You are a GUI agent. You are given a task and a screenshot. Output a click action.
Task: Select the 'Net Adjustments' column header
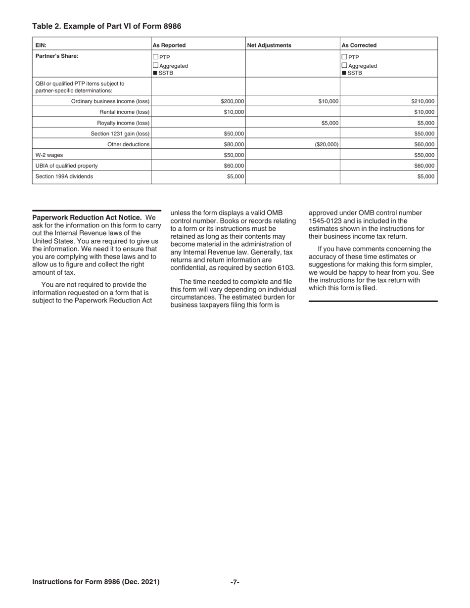269,45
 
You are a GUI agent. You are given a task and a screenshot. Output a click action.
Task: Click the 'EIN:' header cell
41,45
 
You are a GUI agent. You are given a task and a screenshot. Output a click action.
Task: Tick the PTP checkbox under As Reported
156,57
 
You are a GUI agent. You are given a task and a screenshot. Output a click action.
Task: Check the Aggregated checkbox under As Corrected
345,66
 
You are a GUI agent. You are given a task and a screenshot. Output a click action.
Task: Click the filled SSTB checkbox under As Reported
156,74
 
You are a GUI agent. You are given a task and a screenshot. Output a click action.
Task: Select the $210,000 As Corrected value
423,101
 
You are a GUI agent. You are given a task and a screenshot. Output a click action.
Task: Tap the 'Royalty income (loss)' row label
123,123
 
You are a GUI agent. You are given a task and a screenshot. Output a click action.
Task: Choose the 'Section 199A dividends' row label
64,176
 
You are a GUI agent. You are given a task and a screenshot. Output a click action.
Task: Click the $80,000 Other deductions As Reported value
234,144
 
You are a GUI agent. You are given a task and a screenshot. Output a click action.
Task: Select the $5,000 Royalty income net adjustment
330,123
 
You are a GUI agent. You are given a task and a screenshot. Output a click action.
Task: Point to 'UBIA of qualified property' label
66,166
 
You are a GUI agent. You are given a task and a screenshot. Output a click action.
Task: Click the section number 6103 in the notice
283,268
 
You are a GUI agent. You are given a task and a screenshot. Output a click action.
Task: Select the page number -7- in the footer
235,582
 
